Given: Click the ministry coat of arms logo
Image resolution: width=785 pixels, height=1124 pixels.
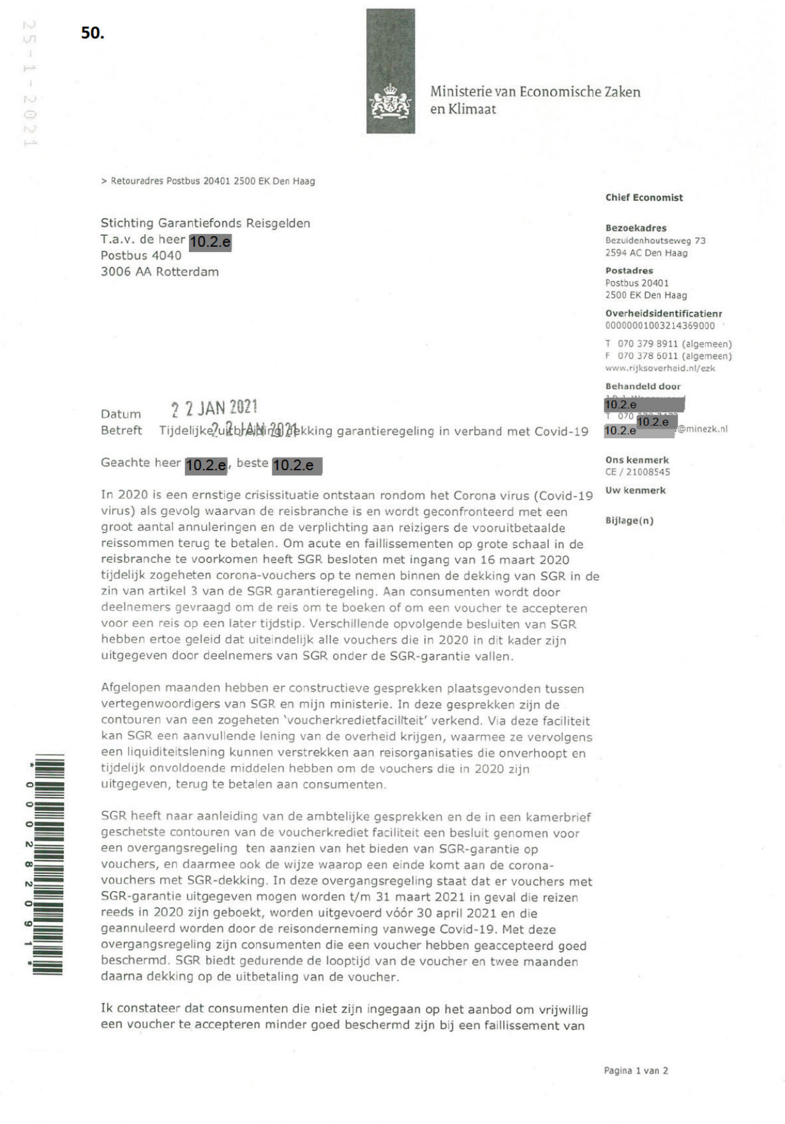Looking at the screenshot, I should coord(391,102).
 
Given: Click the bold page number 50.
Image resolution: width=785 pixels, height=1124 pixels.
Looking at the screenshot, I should coord(93,33).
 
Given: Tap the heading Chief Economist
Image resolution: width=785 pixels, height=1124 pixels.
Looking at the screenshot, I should coord(644,198).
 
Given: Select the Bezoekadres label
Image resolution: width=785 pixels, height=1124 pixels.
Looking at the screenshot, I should coord(636,228).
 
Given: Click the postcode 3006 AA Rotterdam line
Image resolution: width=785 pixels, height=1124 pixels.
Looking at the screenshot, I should coord(160,272).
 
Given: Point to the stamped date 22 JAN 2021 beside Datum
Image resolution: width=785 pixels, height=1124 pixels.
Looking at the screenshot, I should coord(214,408).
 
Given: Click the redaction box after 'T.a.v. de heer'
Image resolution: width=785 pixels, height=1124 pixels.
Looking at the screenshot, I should coord(210,242).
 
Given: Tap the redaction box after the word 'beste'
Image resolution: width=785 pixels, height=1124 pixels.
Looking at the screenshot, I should coord(297,466).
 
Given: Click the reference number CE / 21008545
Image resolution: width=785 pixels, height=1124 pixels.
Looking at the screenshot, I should coord(638,472).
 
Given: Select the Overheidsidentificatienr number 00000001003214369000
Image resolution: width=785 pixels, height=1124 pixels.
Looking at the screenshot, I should coord(660,326).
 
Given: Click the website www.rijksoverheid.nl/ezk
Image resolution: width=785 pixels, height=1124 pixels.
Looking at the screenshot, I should coord(660,368).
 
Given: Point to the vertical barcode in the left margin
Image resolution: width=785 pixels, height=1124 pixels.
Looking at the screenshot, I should coord(49,864).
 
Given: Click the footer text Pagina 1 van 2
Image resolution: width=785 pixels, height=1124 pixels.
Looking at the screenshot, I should coord(636,1071).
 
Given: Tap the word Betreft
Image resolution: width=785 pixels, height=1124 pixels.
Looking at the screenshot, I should coord(121,431).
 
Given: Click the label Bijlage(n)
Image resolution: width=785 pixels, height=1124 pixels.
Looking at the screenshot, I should coord(629,521).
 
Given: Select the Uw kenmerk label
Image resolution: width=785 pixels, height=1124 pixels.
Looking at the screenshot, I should coord(635,491).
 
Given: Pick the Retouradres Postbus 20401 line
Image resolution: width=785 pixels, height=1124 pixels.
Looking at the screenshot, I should coord(208,181).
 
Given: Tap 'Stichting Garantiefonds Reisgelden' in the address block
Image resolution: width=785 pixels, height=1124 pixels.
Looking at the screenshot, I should coord(206,223).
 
